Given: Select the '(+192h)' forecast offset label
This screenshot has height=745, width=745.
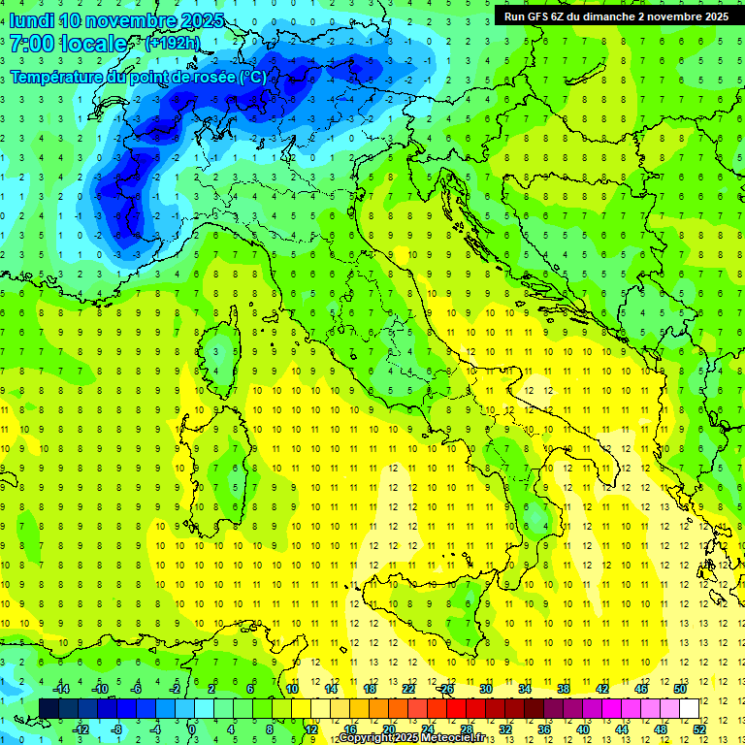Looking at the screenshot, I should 173,44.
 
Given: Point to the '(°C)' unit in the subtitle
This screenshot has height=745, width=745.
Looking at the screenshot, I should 251,77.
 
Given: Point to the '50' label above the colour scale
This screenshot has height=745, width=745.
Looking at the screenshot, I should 680,689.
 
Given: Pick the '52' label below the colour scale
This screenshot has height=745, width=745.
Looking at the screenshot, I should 699,729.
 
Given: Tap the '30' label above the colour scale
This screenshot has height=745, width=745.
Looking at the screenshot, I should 486,689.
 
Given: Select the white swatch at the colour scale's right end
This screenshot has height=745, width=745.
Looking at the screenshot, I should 690,708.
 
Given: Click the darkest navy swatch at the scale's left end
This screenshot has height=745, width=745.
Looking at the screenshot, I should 49,708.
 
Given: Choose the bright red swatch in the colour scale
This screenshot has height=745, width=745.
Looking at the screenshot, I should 457,708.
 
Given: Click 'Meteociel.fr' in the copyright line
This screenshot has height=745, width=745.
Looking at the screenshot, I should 458,738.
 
